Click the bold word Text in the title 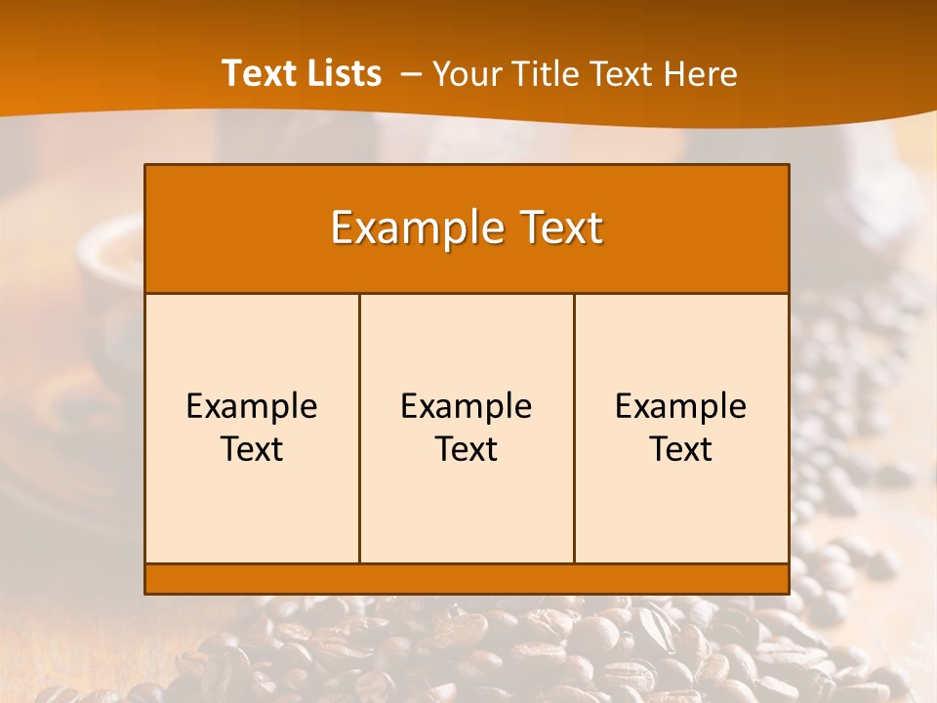coord(258,73)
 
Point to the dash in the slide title coord(411,73)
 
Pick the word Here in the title coord(700,73)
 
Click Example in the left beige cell coord(252,406)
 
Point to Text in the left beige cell coord(252,449)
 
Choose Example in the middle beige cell coord(467,406)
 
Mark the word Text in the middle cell coord(467,449)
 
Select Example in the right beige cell coord(681,406)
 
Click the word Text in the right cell coord(681,449)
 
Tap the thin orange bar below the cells coord(467,579)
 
